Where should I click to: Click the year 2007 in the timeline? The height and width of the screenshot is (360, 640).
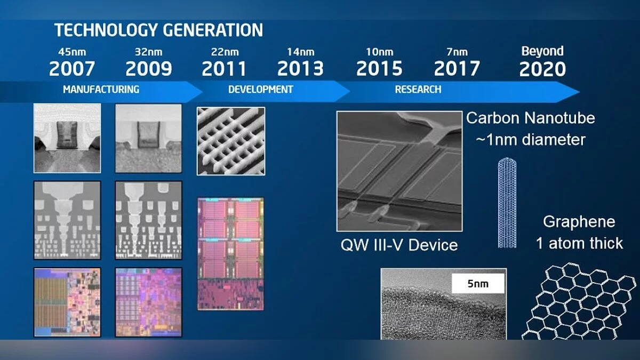[x=72, y=69]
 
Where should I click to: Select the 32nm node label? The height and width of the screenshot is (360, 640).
[x=149, y=52]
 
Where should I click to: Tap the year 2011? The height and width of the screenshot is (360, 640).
[x=224, y=69]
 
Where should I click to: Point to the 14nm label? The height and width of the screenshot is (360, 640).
[x=301, y=52]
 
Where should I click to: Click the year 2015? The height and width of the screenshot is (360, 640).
[x=379, y=69]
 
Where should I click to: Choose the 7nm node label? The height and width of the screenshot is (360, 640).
[x=457, y=52]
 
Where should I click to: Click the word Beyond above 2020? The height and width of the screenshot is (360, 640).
[x=542, y=51]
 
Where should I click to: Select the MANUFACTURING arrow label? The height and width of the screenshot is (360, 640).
[x=101, y=90]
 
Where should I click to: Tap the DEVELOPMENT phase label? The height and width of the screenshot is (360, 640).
[x=261, y=90]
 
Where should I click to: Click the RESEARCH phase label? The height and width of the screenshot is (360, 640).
[x=418, y=90]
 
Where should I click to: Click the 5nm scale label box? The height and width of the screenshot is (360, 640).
[x=478, y=283]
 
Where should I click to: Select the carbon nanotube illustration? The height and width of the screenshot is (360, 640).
[x=507, y=203]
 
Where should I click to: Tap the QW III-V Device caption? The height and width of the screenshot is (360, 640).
[x=399, y=245]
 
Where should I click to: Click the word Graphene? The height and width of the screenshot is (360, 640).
[x=579, y=222]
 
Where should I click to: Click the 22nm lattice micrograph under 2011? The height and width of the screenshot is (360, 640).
[x=231, y=141]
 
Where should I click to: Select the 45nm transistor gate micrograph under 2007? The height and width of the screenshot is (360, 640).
[x=67, y=138]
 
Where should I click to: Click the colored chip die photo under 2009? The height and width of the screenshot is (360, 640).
[x=148, y=302]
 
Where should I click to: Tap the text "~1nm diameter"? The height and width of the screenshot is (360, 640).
[x=531, y=140]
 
